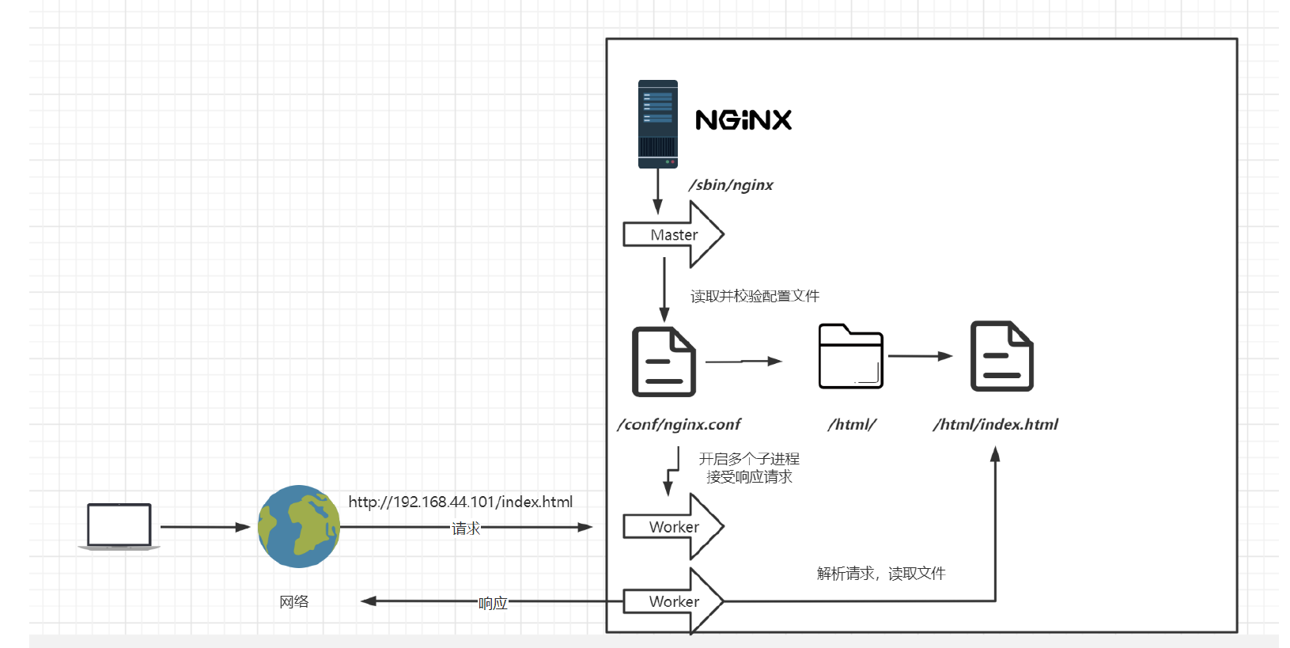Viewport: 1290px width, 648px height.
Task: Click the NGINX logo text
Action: [743, 120]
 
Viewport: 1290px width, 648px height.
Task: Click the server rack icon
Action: [658, 124]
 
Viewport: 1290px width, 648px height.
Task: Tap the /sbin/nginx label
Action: [731, 185]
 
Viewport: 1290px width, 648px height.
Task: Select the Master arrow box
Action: [673, 235]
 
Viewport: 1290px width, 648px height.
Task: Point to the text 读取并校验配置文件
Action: [755, 296]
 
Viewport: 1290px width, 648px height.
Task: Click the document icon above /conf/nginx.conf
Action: [664, 362]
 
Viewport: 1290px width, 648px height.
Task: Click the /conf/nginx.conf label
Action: [679, 425]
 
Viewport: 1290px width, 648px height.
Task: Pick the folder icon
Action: [850, 357]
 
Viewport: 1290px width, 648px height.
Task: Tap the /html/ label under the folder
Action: [852, 425]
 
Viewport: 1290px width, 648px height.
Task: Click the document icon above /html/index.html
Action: [1001, 356]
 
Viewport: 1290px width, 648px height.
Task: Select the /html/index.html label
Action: [995, 425]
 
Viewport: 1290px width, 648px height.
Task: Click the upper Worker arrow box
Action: [673, 527]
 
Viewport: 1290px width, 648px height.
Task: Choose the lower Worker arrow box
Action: [673, 601]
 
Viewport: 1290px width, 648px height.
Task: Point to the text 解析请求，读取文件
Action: [881, 574]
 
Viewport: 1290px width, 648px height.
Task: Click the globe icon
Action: [299, 526]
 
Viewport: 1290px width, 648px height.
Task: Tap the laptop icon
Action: [119, 526]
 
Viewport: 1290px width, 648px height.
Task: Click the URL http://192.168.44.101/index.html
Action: [460, 502]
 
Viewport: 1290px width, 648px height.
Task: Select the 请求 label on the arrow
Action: [466, 528]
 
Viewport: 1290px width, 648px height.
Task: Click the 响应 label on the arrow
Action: [493, 603]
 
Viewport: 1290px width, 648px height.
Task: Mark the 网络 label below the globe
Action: [294, 602]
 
